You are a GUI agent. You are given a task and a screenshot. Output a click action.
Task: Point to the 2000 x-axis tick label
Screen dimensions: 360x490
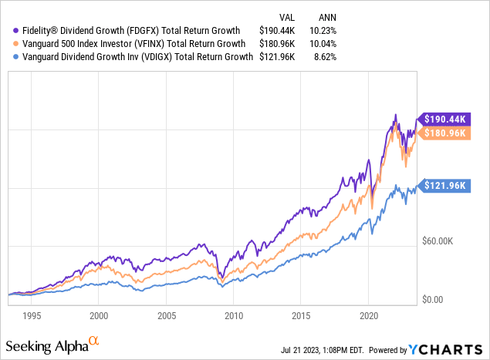pyautogui.click(x=98, y=315)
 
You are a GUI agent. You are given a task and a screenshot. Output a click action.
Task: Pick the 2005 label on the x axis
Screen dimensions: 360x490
pyautogui.click(x=166, y=315)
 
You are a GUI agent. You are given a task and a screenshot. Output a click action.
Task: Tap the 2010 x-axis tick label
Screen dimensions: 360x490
pyautogui.click(x=233, y=315)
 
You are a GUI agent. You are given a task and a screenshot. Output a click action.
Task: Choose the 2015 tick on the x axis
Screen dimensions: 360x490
pyautogui.click(x=301, y=315)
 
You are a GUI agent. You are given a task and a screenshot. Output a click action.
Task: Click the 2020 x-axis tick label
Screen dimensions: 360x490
pyautogui.click(x=368, y=315)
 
